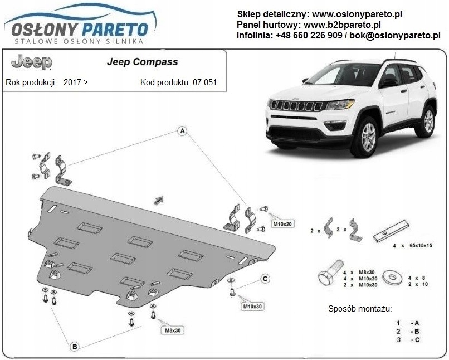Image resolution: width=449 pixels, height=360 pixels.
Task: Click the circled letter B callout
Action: tap(74, 347)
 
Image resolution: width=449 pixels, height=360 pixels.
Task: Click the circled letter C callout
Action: tap(265, 279)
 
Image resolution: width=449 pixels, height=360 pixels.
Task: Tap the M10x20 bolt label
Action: tap(281, 224)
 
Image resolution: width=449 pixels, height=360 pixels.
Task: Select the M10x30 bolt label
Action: tap(252, 307)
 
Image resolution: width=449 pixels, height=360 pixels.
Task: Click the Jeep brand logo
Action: tap(31, 62)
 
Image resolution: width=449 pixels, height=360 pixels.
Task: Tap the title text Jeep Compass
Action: tap(142, 62)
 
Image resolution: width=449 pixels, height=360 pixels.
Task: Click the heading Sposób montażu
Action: tap(360, 308)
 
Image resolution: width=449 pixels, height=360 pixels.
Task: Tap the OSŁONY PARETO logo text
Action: tap(76, 28)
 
